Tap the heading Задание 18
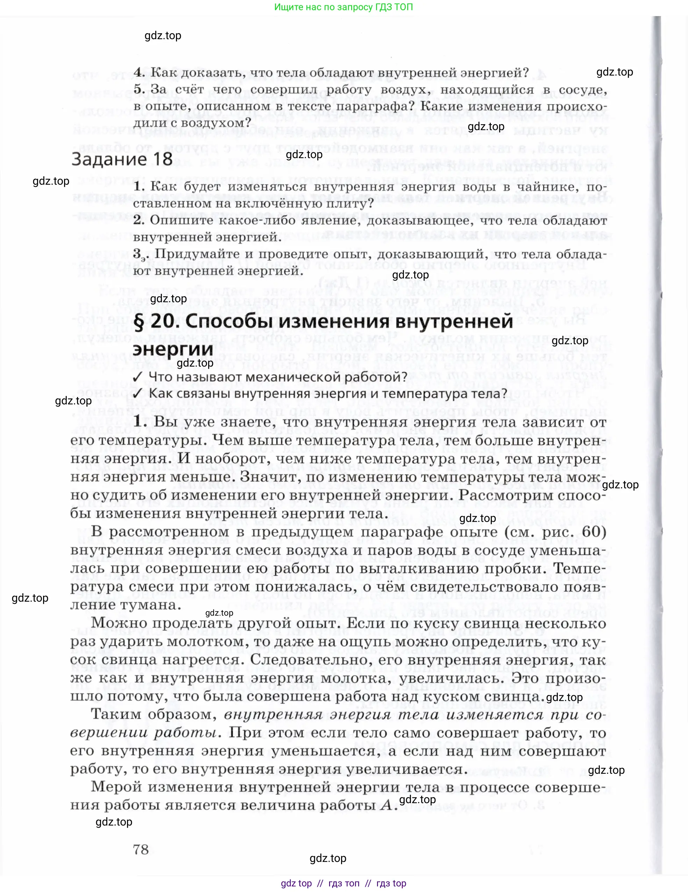(122, 159)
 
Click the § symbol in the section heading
(139, 321)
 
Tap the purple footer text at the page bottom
(343, 883)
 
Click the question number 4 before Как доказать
(138, 73)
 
